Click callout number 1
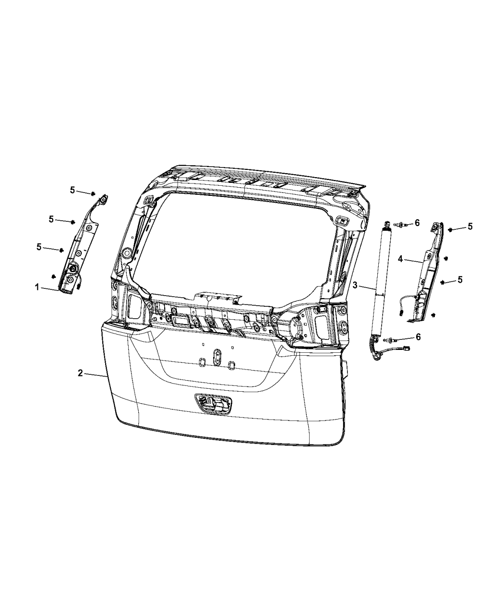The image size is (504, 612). coord(36,287)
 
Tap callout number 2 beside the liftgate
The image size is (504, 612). coord(81,373)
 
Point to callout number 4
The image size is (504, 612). coord(400,259)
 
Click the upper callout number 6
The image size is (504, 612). coord(417,223)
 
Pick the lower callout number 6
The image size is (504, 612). coord(418,337)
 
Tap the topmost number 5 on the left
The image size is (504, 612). coord(72,190)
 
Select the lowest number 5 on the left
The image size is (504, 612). coord(40,247)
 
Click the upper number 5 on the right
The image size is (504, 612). coord(470,227)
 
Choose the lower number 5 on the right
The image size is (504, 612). coord(460,279)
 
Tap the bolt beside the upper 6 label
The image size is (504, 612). coord(403,224)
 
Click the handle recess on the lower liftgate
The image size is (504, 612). coord(212,404)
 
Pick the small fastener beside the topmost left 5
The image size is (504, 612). coord(91,193)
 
